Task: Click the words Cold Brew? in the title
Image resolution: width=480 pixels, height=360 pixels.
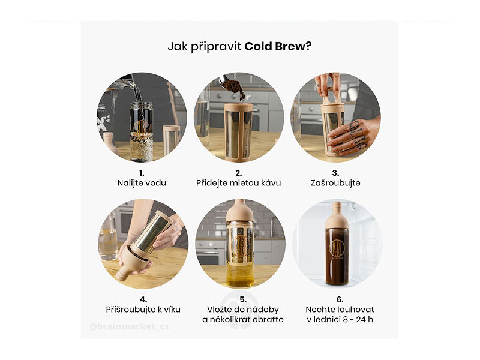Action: click(278, 47)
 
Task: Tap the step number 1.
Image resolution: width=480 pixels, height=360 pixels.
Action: click(142, 173)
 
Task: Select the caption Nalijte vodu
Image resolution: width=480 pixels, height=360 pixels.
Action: click(142, 183)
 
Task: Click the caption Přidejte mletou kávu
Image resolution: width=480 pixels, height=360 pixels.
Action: click(238, 183)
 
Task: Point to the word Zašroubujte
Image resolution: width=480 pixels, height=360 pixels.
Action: click(335, 183)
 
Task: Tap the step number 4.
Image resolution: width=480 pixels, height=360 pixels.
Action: click(143, 299)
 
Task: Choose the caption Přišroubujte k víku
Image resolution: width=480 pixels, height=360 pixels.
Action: click(143, 310)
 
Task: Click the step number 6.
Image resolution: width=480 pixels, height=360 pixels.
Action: click(340, 299)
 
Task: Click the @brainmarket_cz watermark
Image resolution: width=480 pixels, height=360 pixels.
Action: click(129, 326)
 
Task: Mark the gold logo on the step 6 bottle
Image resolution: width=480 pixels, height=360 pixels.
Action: click(337, 247)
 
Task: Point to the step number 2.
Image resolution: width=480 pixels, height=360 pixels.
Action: click(238, 173)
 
